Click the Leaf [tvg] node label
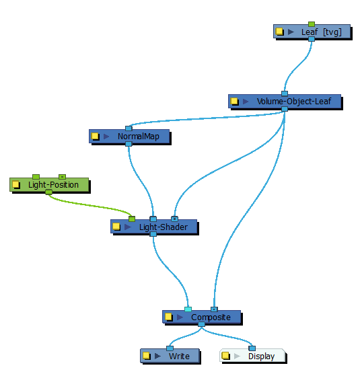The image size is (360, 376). tap(321, 32)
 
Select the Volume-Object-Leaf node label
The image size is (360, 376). tap(294, 101)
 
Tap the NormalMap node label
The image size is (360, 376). tap(139, 136)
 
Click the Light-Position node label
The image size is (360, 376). tap(53, 185)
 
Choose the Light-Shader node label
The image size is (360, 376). tap(164, 227)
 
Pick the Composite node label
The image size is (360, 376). tap(211, 317)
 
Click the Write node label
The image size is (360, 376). tap(179, 356)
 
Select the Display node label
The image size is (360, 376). tap(262, 356)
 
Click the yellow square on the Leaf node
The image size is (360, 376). tap(279, 32)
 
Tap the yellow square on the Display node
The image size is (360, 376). tap(225, 355)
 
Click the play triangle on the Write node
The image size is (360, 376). tap(157, 356)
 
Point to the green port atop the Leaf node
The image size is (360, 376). tap(312, 24)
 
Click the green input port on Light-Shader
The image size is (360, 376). tap(132, 219)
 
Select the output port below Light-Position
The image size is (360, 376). tap(48, 192)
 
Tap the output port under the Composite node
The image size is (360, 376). tap(201, 324)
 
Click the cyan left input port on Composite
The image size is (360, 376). tap(188, 309)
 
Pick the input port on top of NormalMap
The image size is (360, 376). tap(129, 128)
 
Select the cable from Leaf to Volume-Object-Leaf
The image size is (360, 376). tap(297, 65)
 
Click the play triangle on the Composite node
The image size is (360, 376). tap(180, 317)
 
